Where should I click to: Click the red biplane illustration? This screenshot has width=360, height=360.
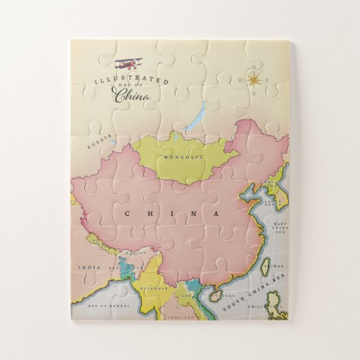(x=129, y=65)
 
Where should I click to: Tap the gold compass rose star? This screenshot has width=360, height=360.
(x=254, y=80)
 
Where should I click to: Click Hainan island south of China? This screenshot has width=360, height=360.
(x=215, y=296)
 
